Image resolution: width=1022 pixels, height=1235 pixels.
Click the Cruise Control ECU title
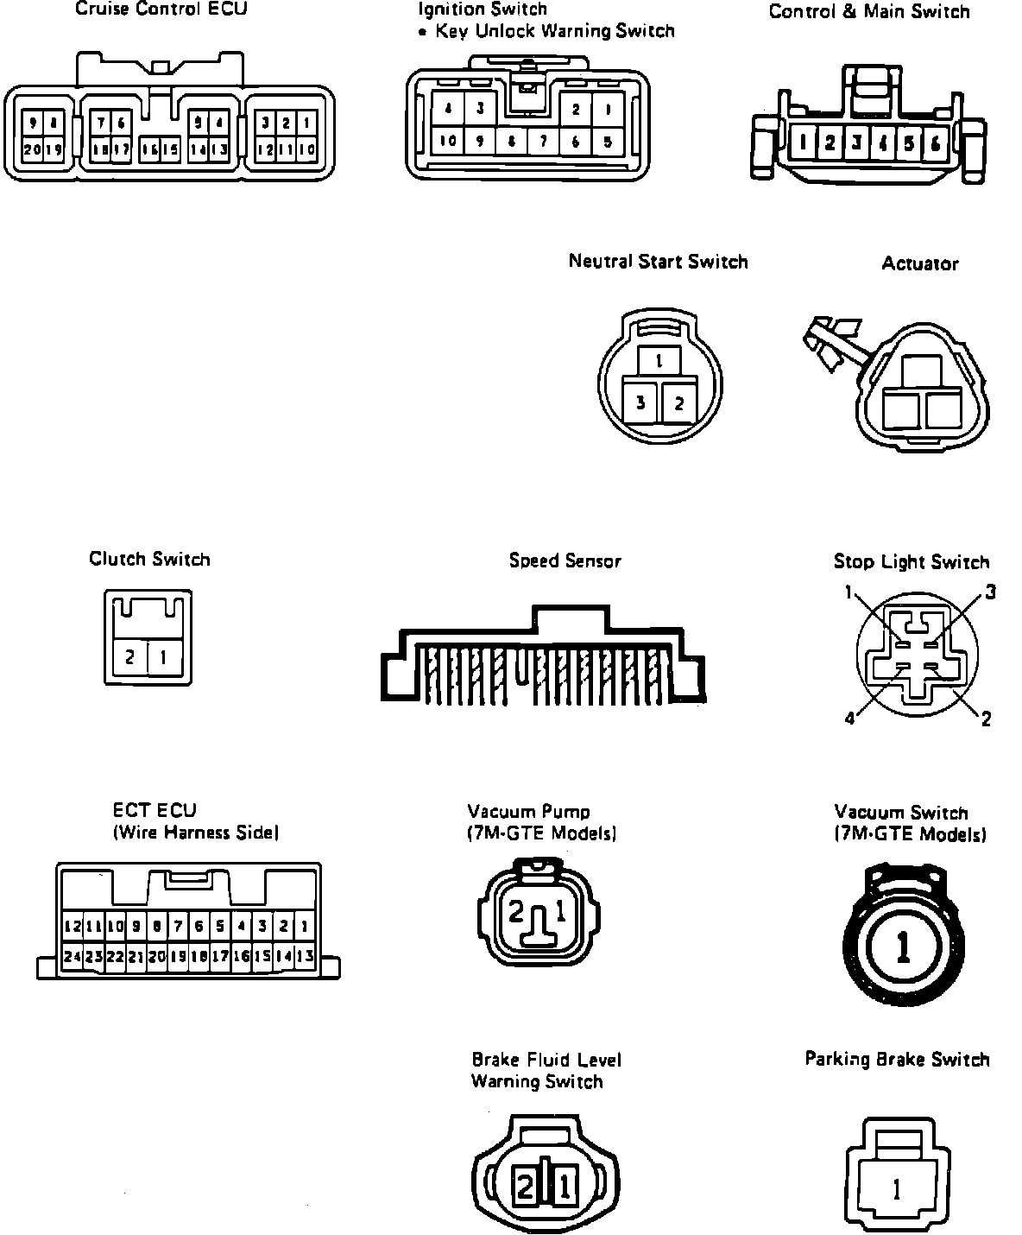[161, 10]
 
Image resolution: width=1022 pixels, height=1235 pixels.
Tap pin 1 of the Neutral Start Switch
[659, 361]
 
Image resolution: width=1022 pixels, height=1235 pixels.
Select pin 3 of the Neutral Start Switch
[640, 402]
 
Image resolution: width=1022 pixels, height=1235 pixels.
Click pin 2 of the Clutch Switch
[130, 658]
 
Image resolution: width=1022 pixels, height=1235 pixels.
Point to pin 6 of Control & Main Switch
[935, 142]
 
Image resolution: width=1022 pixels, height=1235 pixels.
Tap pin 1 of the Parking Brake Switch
[896, 1190]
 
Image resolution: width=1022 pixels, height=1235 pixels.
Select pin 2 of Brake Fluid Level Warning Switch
[525, 1186]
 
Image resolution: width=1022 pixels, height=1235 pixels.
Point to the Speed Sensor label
[565, 561]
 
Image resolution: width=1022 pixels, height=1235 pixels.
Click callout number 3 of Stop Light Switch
[991, 592]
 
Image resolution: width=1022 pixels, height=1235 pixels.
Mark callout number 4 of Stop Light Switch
[849, 719]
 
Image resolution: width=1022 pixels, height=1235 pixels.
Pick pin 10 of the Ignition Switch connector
[448, 142]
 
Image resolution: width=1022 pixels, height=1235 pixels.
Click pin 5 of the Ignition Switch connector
[608, 142]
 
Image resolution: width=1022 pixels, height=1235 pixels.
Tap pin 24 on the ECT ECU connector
[73, 956]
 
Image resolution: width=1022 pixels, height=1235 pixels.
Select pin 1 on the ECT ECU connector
[304, 927]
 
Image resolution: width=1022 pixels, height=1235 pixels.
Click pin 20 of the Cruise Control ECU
[31, 149]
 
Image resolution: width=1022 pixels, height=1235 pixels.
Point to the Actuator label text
[920, 264]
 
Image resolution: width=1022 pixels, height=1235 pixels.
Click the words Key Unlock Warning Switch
[555, 32]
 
